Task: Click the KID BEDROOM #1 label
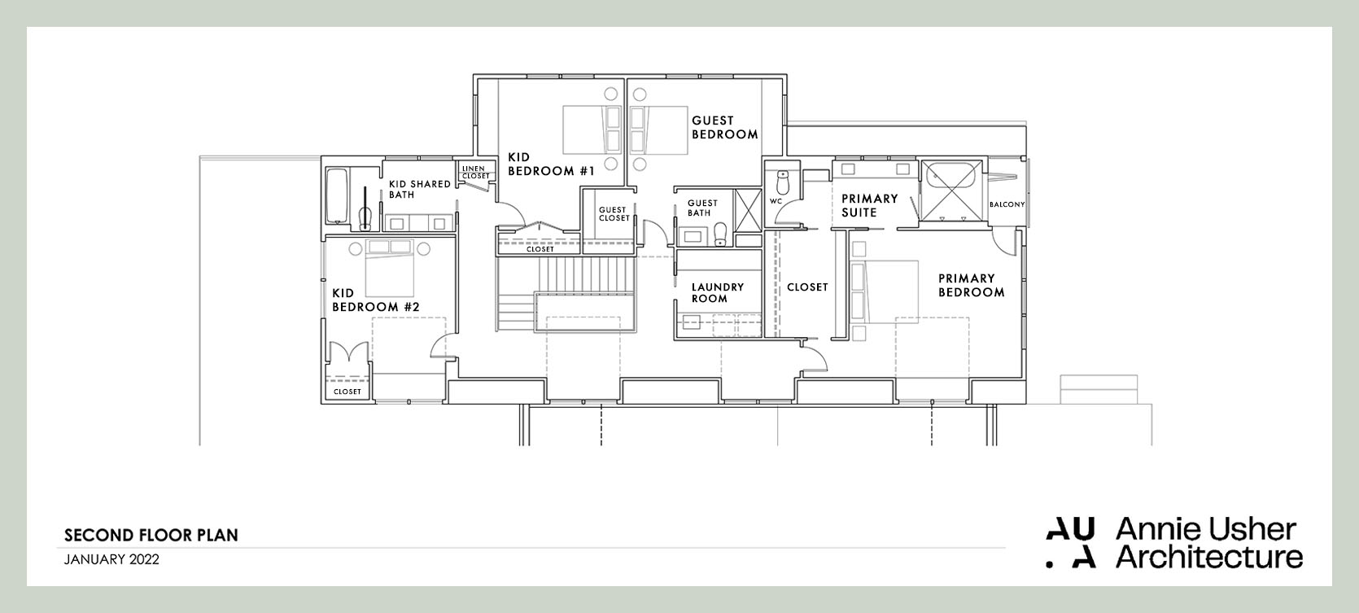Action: tap(551, 164)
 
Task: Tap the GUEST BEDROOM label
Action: tap(724, 127)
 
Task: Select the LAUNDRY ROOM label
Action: tap(717, 292)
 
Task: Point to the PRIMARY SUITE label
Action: tap(869, 205)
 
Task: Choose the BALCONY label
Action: tap(1007, 204)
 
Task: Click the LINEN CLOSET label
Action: tap(476, 172)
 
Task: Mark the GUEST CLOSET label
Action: tap(614, 214)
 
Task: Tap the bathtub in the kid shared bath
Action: tap(336, 195)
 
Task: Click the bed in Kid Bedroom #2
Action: tap(390, 268)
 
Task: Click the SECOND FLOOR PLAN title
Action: tap(151, 535)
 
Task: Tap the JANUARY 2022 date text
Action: tap(111, 559)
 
